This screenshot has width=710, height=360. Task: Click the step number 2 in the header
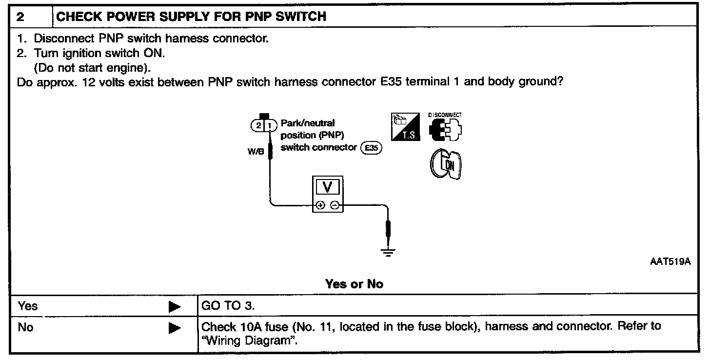click(20, 17)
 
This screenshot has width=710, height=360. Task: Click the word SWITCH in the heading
click(301, 17)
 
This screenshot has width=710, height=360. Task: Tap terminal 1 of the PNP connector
click(270, 125)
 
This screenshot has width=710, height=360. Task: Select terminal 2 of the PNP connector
click(258, 125)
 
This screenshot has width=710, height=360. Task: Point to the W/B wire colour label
click(256, 152)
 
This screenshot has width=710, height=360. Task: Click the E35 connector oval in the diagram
click(372, 148)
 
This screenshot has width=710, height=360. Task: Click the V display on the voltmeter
click(327, 187)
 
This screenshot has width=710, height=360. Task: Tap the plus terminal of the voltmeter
click(320, 205)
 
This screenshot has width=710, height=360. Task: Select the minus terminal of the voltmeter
click(335, 205)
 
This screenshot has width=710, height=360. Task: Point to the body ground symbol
click(388, 253)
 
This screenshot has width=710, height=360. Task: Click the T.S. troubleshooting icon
click(405, 126)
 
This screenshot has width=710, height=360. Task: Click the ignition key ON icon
click(446, 164)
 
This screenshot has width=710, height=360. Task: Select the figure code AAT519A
click(671, 261)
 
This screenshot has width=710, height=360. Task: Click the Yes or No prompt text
click(355, 284)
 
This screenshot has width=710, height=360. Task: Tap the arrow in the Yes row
click(175, 306)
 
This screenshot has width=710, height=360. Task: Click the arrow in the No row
click(175, 328)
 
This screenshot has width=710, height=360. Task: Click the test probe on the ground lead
click(388, 229)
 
